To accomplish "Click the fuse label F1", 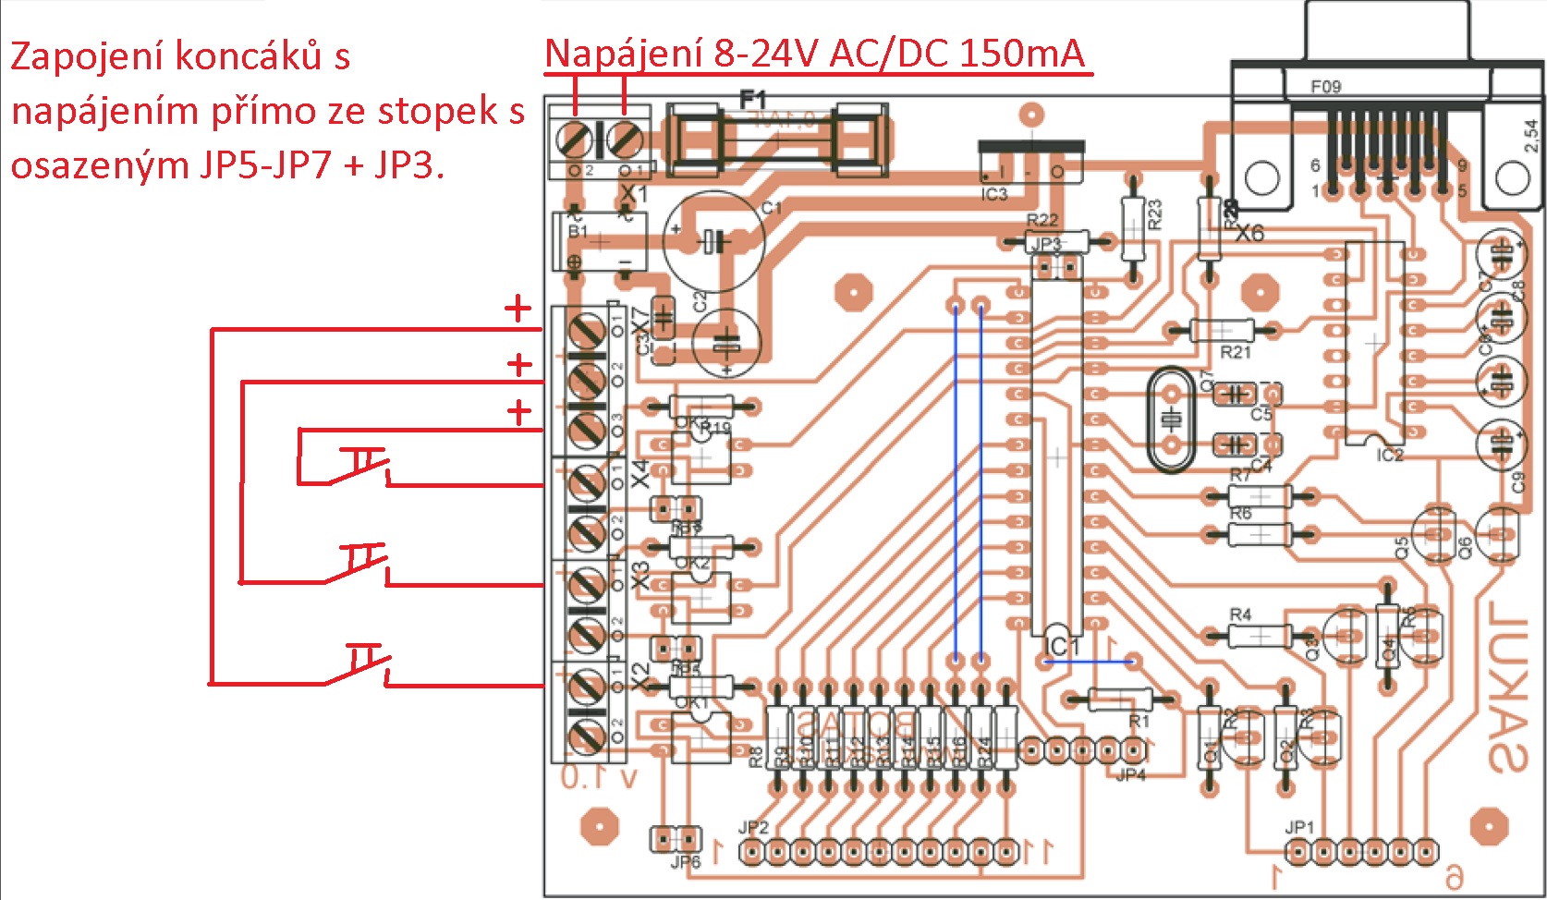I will click(x=753, y=98).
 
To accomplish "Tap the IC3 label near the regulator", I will click(x=993, y=194).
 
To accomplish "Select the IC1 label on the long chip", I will click(x=1062, y=645).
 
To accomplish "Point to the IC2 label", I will click(x=1389, y=455).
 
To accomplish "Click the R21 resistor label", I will click(x=1235, y=352).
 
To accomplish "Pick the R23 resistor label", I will click(x=1154, y=214).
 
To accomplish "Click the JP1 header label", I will click(x=1298, y=827).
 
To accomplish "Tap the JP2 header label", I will click(x=753, y=827).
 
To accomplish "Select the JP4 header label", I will click(x=1130, y=774).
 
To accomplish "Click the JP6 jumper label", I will click(x=685, y=862).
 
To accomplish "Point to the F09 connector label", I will click(x=1325, y=87).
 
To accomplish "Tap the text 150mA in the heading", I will click(x=1021, y=54).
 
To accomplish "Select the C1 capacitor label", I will click(x=772, y=208).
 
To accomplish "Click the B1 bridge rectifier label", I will click(x=578, y=231).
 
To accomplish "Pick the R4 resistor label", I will click(x=1240, y=614).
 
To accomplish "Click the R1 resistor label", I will click(x=1139, y=721).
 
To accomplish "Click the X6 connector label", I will click(x=1249, y=233).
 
